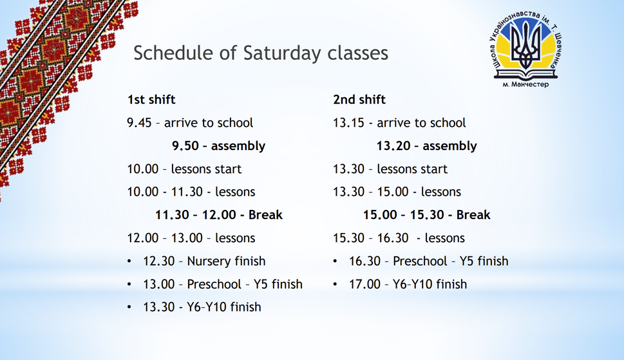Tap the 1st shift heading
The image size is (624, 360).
pyautogui.click(x=151, y=99)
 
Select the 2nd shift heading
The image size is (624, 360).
pyautogui.click(x=359, y=99)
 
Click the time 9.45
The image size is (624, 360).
pyautogui.click(x=139, y=123)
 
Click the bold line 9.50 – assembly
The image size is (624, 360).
pyautogui.click(x=218, y=146)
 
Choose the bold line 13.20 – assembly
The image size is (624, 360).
pyautogui.click(x=426, y=146)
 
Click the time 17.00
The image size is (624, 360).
pyautogui.click(x=364, y=285)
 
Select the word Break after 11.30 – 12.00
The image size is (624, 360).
pyautogui.click(x=265, y=215)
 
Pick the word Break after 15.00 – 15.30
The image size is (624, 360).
pyautogui.click(x=473, y=215)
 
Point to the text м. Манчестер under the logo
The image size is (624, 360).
pyautogui.click(x=525, y=84)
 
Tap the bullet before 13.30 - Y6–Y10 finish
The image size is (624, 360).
pyautogui.click(x=129, y=307)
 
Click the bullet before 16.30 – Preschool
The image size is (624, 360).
pyautogui.click(x=335, y=261)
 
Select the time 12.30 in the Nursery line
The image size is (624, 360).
pyautogui.click(x=159, y=261)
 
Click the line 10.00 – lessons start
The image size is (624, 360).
pyautogui.click(x=184, y=169)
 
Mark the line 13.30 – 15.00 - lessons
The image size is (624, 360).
pyautogui.click(x=397, y=192)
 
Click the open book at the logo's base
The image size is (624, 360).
pyautogui.click(x=525, y=74)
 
